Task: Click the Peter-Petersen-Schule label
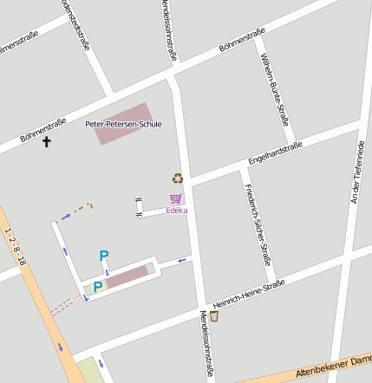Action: pyautogui.click(x=123, y=125)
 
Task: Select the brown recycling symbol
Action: pyautogui.click(x=178, y=179)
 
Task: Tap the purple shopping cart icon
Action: pyautogui.click(x=176, y=198)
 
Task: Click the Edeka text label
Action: pyautogui.click(x=177, y=210)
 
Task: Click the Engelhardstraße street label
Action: pyautogui.click(x=275, y=153)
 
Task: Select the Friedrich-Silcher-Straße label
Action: pyautogui.click(x=258, y=224)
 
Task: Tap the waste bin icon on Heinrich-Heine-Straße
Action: pyautogui.click(x=214, y=316)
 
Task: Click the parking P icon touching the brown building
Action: pyautogui.click(x=98, y=286)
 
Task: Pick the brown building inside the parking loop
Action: pyautogui.click(x=127, y=276)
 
